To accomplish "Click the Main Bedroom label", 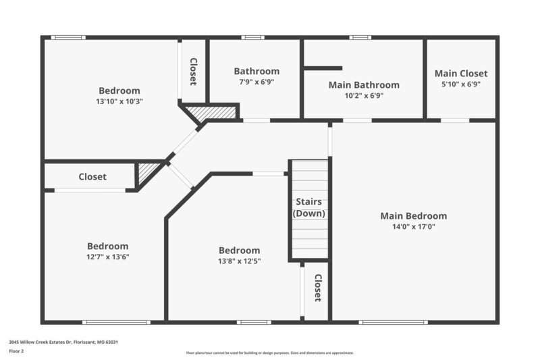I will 413,216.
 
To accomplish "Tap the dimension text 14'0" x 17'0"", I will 413,227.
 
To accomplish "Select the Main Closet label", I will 460,74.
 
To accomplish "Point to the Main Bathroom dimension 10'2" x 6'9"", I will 364,96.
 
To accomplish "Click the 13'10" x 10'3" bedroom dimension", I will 119,101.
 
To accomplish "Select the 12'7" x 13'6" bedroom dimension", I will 107,257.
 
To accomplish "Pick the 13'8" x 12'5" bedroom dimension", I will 239,261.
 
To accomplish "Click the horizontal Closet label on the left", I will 92,177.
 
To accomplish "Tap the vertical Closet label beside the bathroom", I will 193,72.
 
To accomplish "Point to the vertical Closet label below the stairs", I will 317,288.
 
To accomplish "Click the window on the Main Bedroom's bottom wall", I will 394,322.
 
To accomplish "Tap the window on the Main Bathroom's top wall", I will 360,37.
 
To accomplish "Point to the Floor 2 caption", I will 16,351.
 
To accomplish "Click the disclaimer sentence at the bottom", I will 270,353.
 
